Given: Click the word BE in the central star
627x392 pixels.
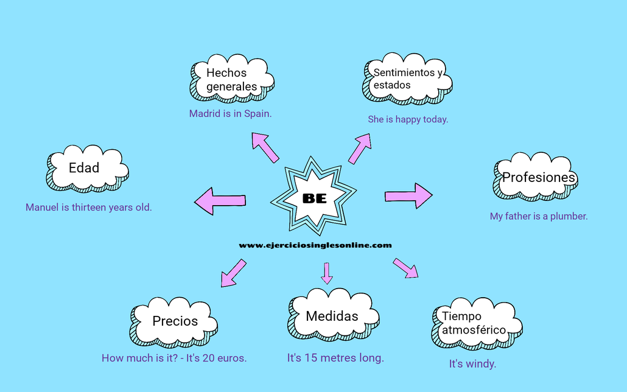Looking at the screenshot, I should click(314, 198).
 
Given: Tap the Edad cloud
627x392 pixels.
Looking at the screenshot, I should click(85, 168).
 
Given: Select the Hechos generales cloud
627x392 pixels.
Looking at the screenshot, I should click(232, 80).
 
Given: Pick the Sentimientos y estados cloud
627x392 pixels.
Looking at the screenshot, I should click(407, 79).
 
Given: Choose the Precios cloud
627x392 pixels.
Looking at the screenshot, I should click(175, 321).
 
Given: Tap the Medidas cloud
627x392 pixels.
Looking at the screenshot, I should click(332, 316).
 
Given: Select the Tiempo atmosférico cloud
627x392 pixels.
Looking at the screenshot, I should click(474, 323).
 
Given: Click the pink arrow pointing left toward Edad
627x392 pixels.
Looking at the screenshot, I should click(220, 200).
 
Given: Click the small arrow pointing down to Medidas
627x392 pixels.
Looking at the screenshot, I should click(327, 273).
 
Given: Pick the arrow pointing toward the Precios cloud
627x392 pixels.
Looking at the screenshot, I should click(233, 273).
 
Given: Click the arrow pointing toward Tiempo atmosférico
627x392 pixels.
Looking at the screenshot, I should click(405, 268).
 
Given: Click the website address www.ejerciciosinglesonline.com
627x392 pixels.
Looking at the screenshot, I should click(315, 245).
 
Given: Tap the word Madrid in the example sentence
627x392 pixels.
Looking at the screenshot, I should click(204, 113).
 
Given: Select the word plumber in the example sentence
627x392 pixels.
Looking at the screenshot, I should click(569, 216).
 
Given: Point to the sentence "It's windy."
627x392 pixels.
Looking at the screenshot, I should click(472, 364).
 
